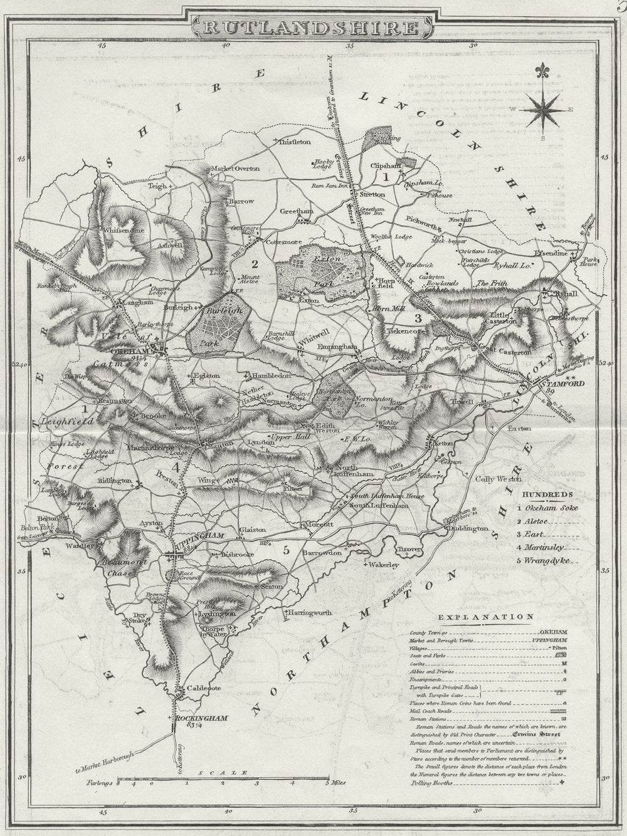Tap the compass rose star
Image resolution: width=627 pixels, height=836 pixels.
pyautogui.click(x=543, y=108)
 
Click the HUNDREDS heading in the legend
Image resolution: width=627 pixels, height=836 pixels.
pyautogui.click(x=540, y=494)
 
